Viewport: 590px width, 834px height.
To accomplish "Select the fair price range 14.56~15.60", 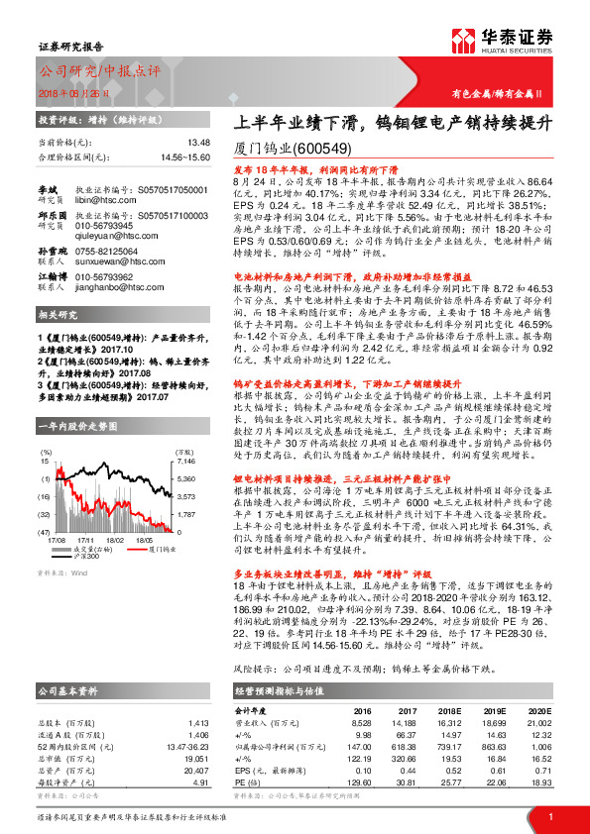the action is coord(183,156).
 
